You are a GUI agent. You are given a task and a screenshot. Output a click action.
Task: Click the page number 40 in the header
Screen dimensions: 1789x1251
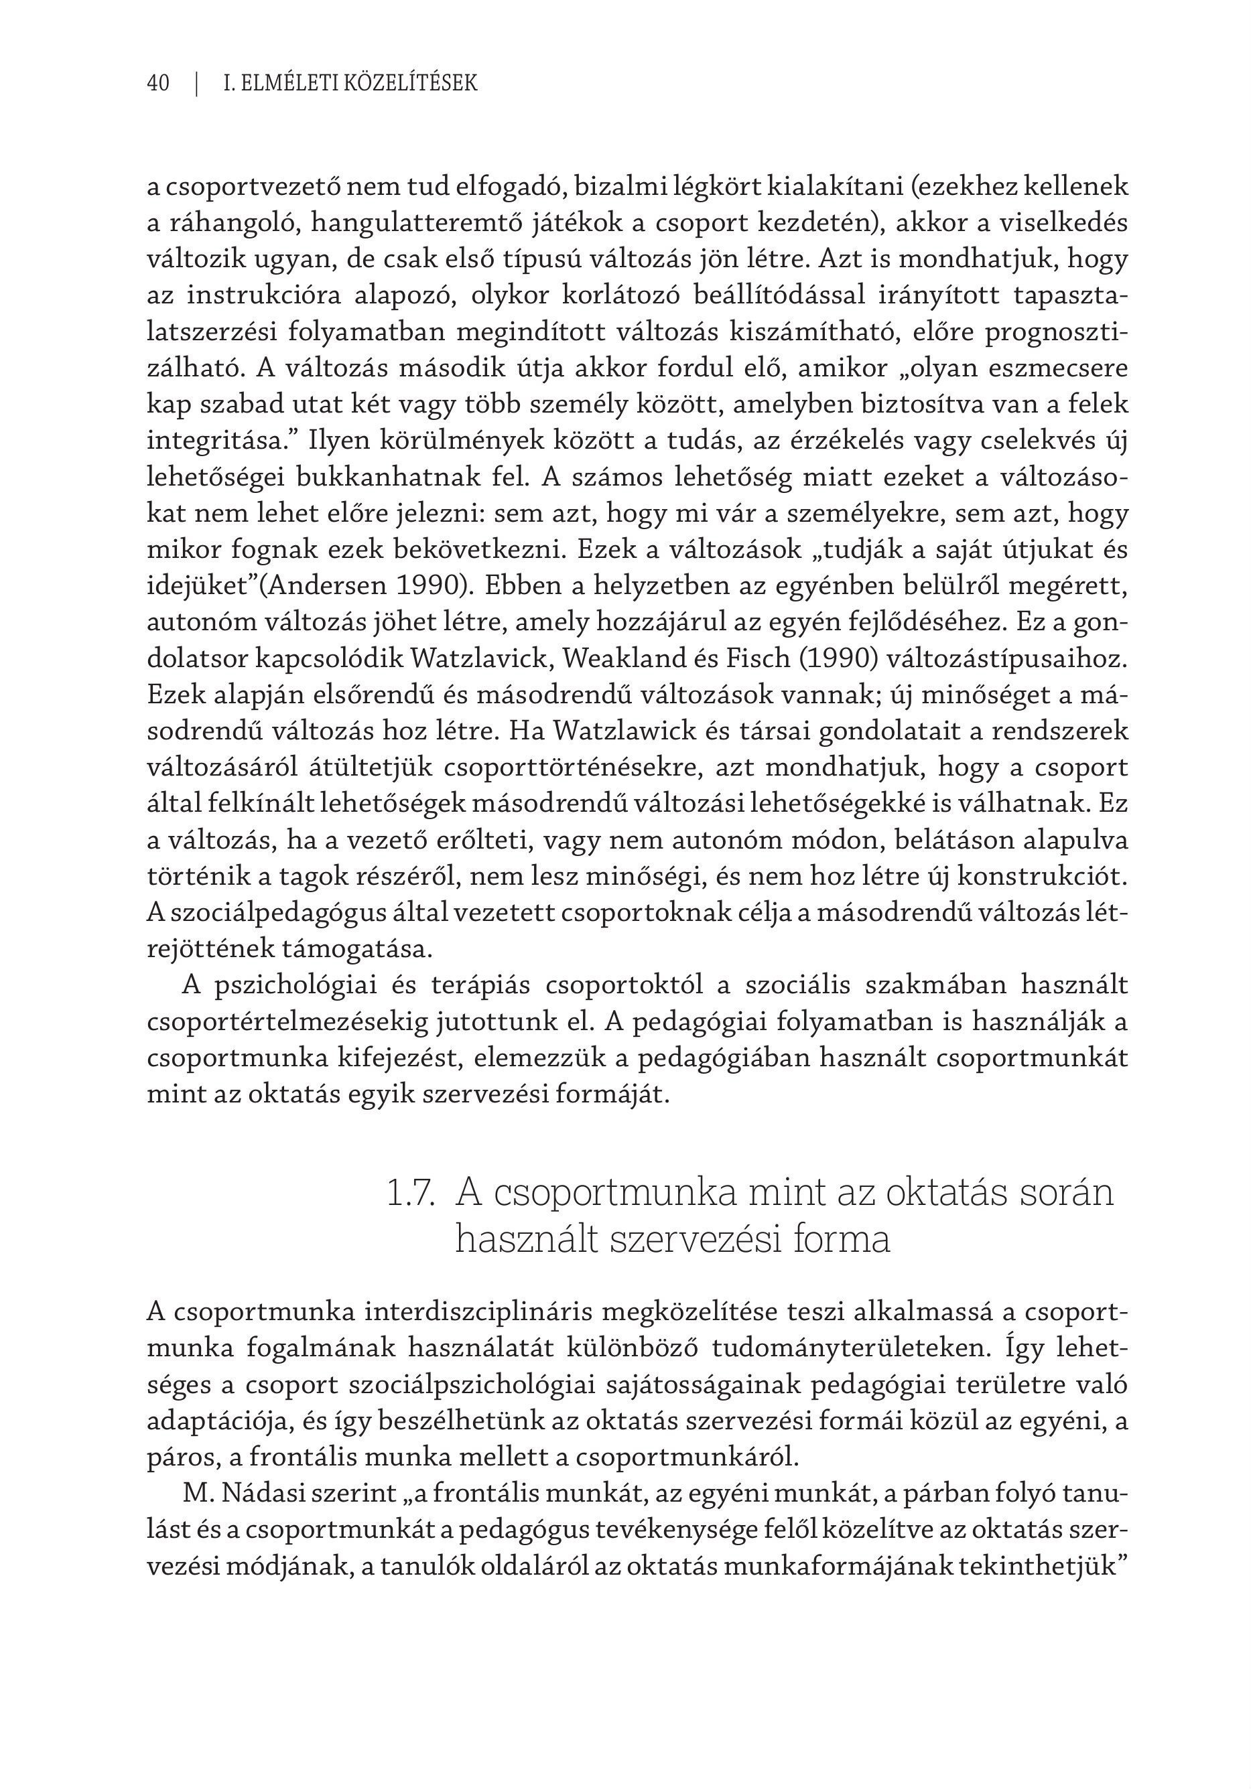[x=157, y=83]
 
